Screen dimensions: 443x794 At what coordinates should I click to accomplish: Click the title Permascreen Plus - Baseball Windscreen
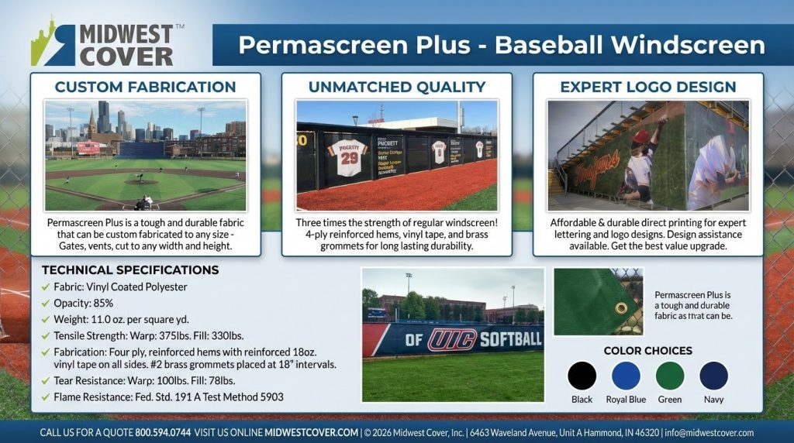(501, 45)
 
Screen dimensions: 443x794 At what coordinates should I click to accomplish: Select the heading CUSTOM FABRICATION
(145, 87)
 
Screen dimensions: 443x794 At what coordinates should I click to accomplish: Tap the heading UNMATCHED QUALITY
(396, 87)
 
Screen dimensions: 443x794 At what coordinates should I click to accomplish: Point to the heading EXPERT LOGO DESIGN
(648, 87)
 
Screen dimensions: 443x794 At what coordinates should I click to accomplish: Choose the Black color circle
(582, 376)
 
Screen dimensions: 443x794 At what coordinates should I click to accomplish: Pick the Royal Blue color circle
(626, 376)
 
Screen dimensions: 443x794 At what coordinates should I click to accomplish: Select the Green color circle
(670, 376)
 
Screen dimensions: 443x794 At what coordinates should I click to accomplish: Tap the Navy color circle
(713, 376)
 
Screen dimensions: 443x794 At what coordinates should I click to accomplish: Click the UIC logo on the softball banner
(452, 339)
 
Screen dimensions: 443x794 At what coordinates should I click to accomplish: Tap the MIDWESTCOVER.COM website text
(311, 433)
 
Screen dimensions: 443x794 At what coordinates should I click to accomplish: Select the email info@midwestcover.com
(709, 433)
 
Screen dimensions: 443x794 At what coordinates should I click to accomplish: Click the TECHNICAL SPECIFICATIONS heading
(129, 270)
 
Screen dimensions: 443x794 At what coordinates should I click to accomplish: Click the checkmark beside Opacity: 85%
(46, 303)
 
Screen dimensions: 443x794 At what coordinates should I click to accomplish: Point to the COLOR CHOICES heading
(647, 351)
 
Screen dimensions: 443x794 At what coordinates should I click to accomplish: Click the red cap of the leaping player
(640, 137)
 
